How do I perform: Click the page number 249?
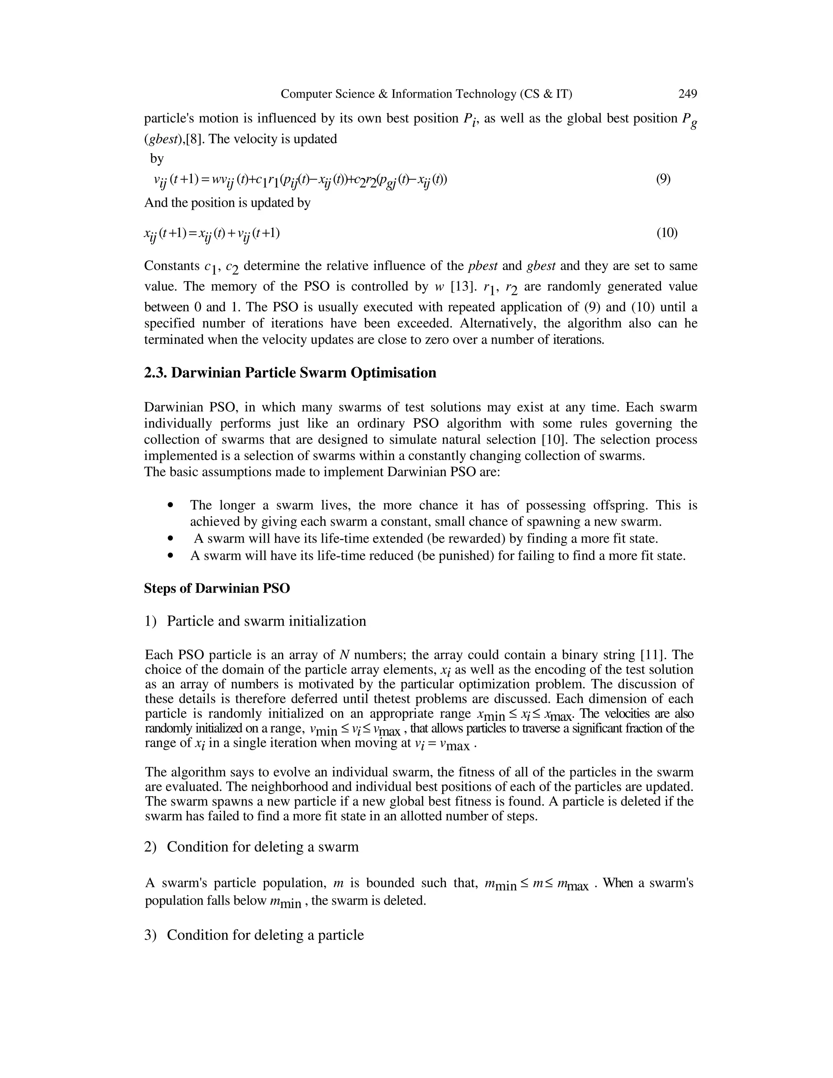(x=687, y=94)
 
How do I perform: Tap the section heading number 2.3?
(x=155, y=373)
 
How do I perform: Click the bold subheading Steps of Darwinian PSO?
(x=217, y=588)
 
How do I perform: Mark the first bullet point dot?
(x=171, y=505)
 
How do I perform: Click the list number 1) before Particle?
(x=150, y=621)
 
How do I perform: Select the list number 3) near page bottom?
(x=150, y=935)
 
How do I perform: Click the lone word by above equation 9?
(x=157, y=158)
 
